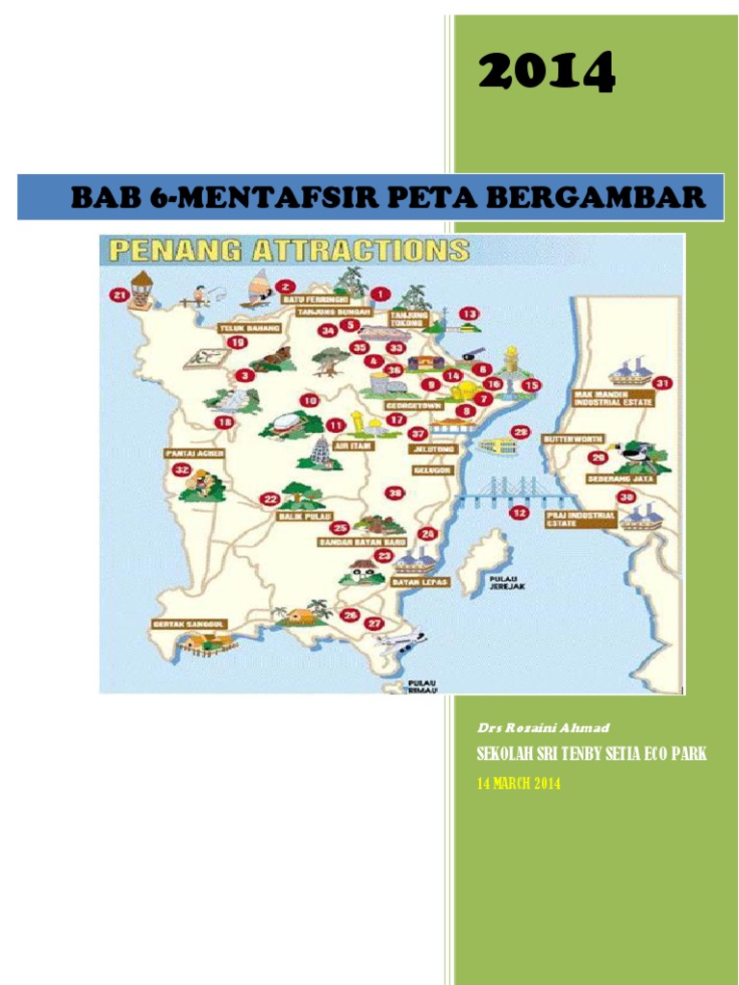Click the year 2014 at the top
tap(546, 73)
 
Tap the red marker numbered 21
tap(118, 295)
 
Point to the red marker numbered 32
tap(183, 469)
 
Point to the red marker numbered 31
tap(661, 383)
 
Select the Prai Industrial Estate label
tap(580, 519)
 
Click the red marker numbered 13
tap(468, 314)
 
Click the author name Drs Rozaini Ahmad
tap(530, 728)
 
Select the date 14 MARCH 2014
tap(519, 784)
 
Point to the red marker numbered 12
tap(520, 513)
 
